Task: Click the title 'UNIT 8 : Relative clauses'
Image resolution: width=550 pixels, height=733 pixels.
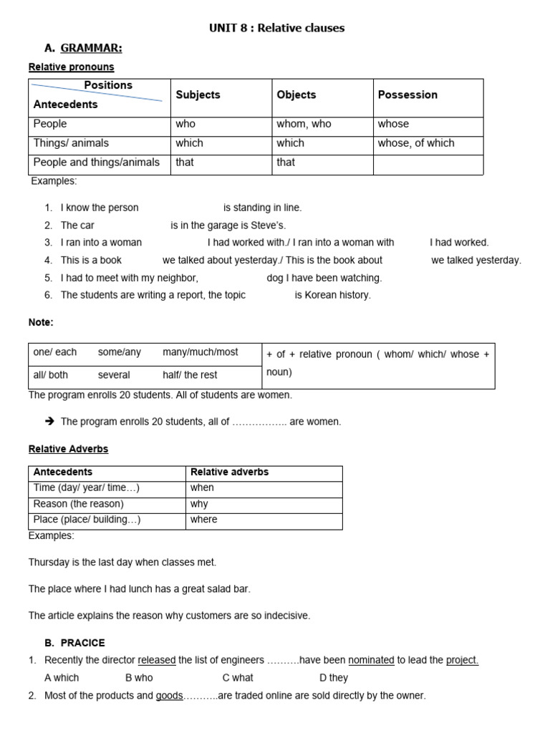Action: coord(276,28)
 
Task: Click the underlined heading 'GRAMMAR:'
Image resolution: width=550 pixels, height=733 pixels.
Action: coord(91,48)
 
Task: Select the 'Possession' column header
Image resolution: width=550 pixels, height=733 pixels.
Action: coord(407,94)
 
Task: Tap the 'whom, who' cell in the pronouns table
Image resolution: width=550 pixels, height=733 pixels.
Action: coord(304,124)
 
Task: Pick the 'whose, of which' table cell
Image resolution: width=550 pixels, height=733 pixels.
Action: coord(415,143)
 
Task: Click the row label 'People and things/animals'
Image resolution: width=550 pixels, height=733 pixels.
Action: coord(97,162)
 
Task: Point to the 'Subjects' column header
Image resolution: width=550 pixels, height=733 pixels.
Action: coord(198,94)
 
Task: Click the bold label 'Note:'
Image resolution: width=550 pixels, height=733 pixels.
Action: coord(41,323)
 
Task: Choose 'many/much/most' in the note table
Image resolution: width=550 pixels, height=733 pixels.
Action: coord(201,352)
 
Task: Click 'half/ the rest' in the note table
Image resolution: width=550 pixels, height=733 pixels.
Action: coord(190,375)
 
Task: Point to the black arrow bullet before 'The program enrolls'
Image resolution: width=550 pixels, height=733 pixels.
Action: coord(49,422)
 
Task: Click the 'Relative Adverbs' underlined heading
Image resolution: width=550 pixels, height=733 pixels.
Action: coord(68,450)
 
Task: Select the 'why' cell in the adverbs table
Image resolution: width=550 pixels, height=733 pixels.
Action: coord(198,504)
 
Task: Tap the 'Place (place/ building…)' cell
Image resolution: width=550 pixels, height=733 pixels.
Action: coord(87,520)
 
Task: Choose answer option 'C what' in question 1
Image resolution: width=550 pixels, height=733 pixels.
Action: coord(238,678)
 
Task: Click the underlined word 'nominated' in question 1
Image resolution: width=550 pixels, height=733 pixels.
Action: coord(371,661)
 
